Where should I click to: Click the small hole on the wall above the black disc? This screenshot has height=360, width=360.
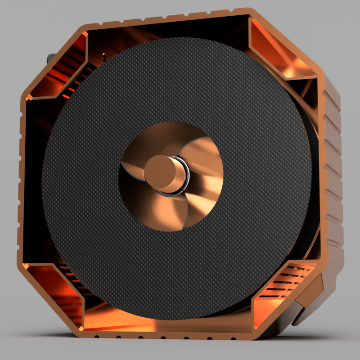tap(104, 56)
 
